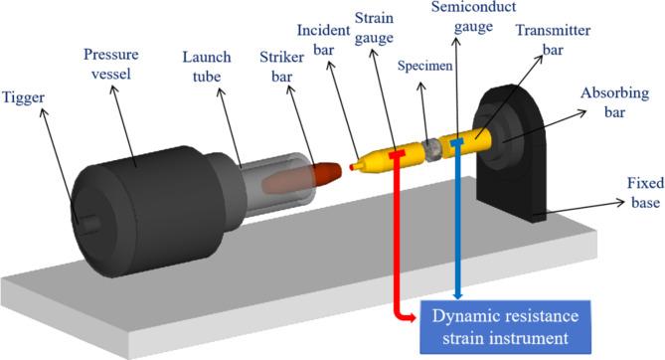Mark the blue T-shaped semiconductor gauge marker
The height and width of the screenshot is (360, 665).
click(x=456, y=144)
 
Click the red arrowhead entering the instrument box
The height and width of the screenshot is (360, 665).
click(x=411, y=316)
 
